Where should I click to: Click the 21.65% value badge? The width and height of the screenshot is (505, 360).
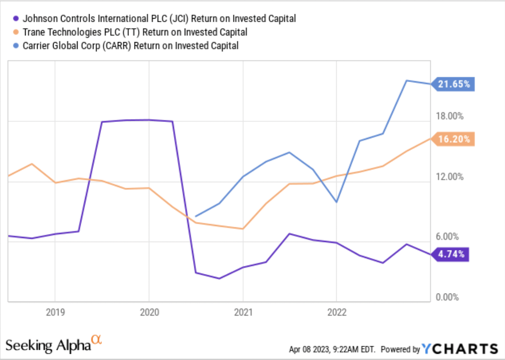[x=453, y=84]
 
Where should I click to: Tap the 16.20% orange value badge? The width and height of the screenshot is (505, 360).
[x=453, y=139]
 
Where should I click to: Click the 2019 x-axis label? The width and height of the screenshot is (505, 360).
[x=54, y=312]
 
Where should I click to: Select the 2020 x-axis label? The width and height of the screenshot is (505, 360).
[x=149, y=312]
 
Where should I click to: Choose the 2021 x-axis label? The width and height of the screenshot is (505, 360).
[x=243, y=312]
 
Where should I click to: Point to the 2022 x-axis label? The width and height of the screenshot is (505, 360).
[x=337, y=312]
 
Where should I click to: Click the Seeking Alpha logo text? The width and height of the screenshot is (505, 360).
[x=47, y=344]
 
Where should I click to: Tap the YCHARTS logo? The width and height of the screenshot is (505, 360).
[x=459, y=348]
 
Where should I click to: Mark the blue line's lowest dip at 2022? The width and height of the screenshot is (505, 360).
[x=337, y=202]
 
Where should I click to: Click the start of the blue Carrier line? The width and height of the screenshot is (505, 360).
[x=196, y=216]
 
